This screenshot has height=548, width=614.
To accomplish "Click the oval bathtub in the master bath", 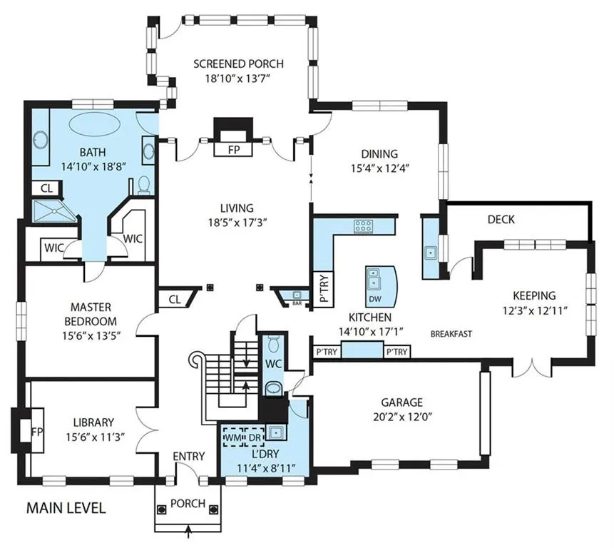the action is tap(93, 125).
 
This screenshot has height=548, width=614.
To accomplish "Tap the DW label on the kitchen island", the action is tap(375, 299).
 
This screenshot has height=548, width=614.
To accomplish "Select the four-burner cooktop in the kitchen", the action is tap(364, 225).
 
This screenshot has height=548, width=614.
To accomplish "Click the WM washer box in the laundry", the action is tap(233, 437).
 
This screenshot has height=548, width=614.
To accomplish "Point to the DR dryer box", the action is tap(255, 437).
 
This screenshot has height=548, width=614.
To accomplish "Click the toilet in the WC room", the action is tap(273, 344).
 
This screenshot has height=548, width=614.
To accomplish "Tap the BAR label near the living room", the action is tap(297, 303).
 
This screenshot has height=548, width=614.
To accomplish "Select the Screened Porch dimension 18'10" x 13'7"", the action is tap(238, 78).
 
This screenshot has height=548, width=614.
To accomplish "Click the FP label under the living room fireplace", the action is tap(233, 150).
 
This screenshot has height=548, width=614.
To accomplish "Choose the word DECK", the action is tap(501, 219).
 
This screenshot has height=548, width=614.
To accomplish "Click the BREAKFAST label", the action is tap(451, 334).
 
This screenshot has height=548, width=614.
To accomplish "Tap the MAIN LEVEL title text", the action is tap(66, 508).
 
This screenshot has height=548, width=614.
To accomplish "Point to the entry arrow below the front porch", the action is tap(189, 531).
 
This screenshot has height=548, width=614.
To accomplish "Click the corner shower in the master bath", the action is tap(53, 211).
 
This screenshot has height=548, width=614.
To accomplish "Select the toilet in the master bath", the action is tap(145, 185).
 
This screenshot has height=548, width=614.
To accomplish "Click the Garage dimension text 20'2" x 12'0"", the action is tap(402, 417).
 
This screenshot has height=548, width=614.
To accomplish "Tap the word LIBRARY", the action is tap(93, 422).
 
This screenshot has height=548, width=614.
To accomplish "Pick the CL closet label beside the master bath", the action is tap(46, 188).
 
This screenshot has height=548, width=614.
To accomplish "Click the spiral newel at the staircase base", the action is tap(196, 360).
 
